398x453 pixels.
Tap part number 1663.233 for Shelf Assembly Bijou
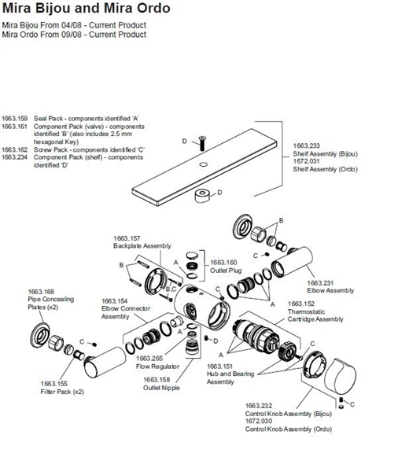pyautogui.click(x=308, y=146)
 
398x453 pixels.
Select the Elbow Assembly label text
pyautogui.click(x=330, y=290)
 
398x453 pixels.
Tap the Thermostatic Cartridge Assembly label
pyautogui.click(x=315, y=315)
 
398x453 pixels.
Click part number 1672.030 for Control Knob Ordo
pyautogui.click(x=260, y=422)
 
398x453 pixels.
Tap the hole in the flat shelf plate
pyautogui.click(x=203, y=164)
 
